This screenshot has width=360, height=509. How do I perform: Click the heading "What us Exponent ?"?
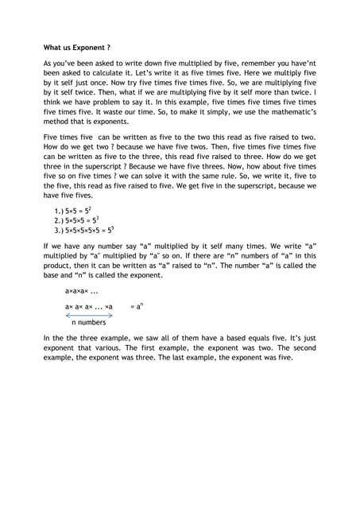click(76, 47)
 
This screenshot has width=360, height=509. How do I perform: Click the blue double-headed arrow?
click(89, 315)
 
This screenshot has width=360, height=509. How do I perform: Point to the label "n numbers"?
click(88, 324)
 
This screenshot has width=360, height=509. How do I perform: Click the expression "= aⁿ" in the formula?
click(136, 305)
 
